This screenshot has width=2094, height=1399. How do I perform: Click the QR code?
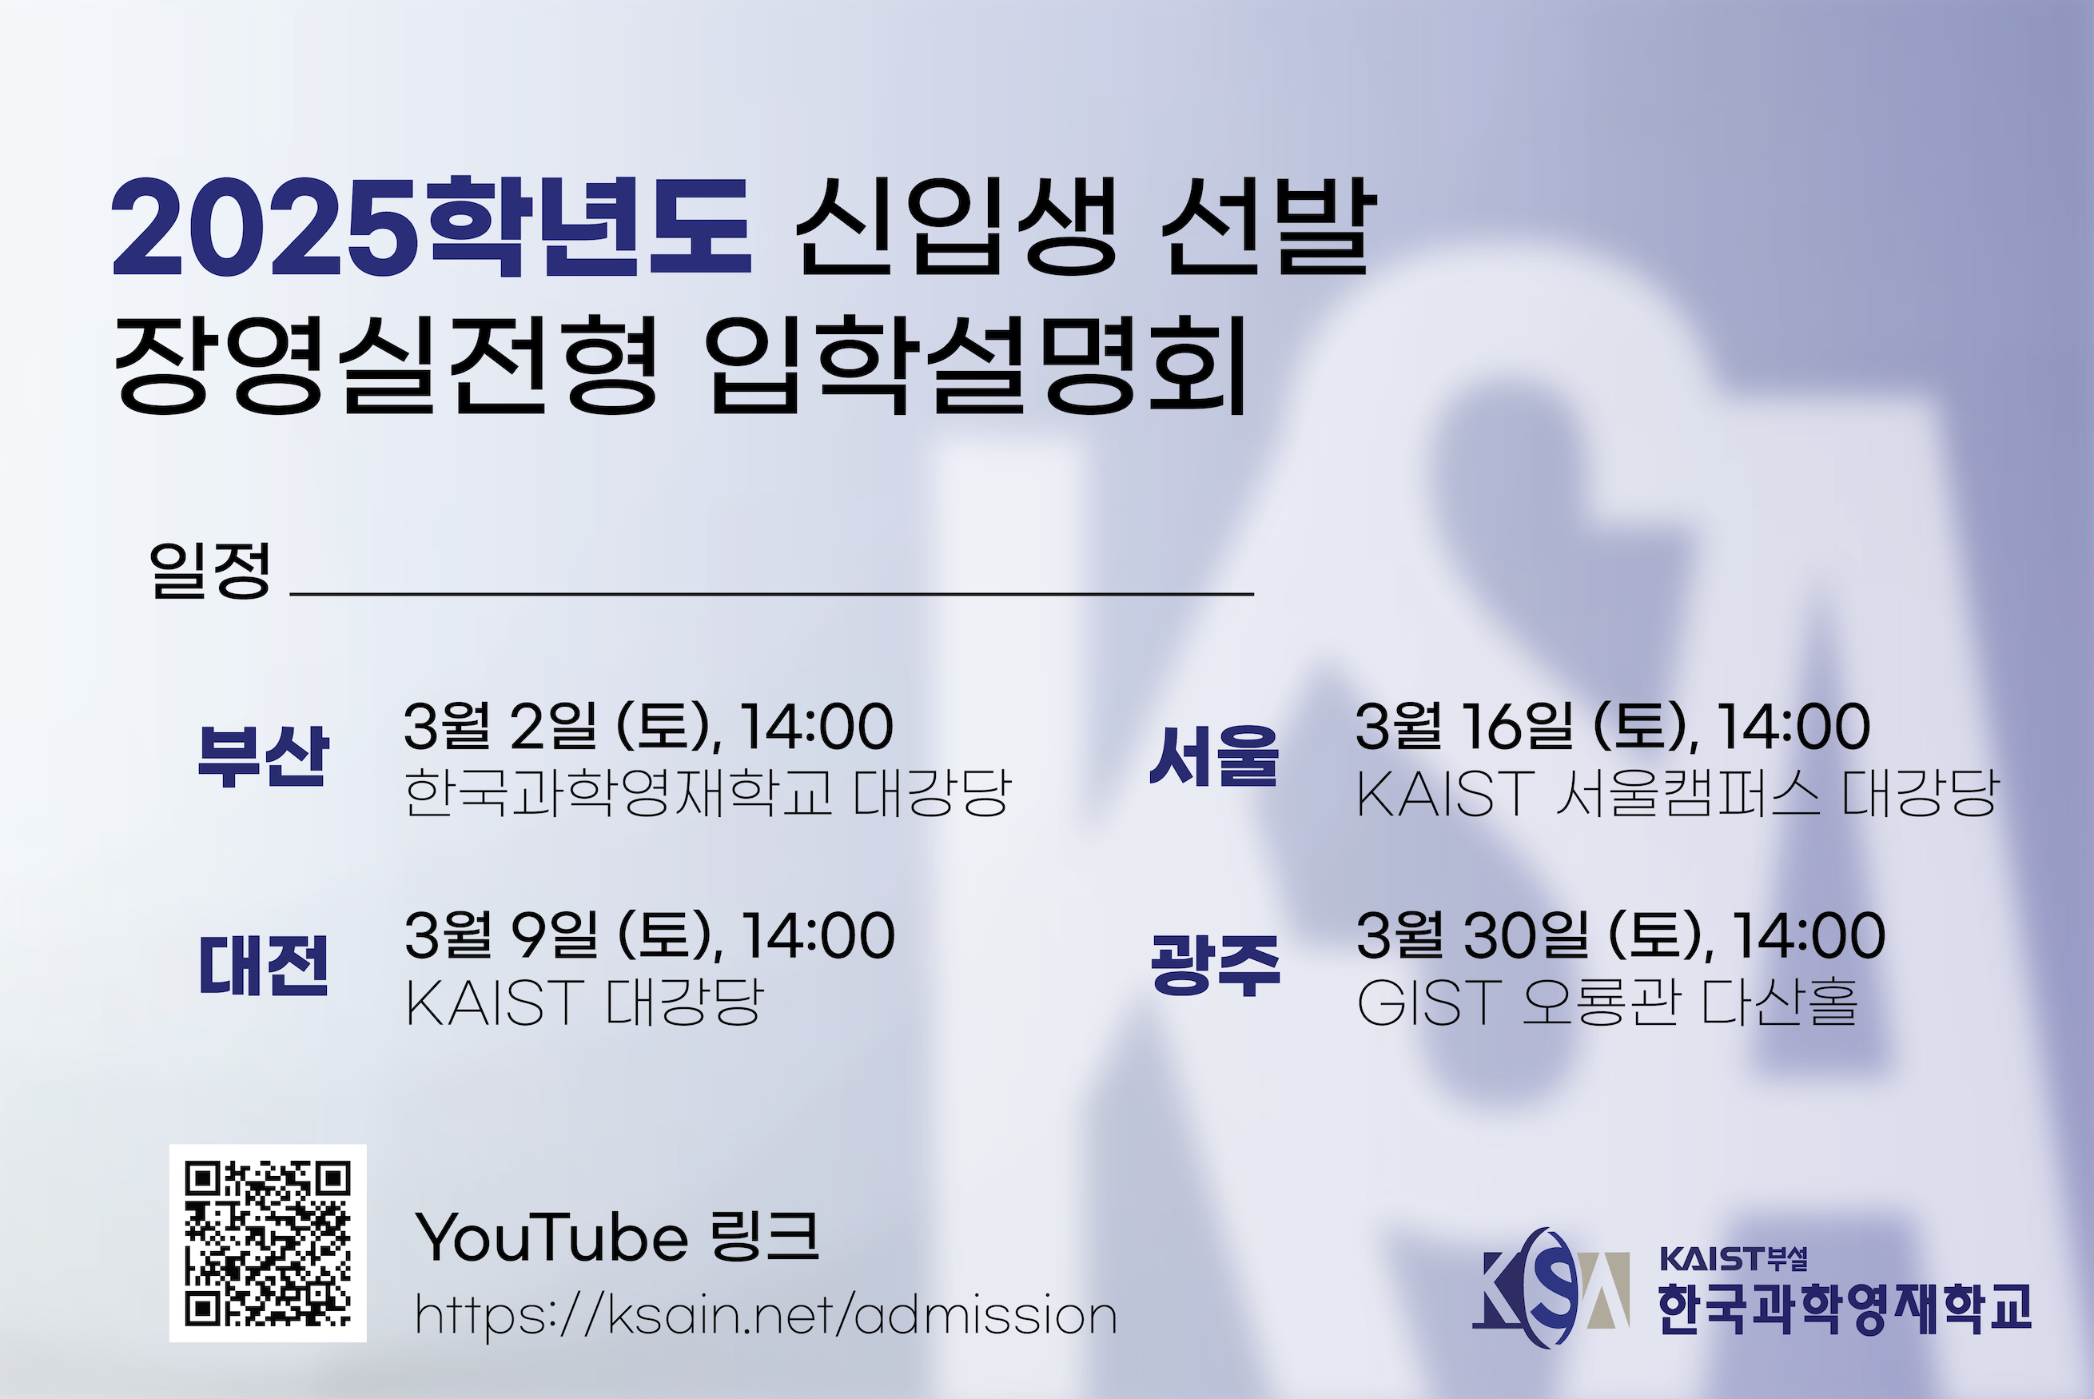pyautogui.click(x=268, y=1243)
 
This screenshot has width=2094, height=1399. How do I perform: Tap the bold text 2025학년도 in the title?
pyautogui.click(x=432, y=228)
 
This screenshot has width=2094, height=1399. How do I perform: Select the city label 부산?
pyautogui.click(x=263, y=755)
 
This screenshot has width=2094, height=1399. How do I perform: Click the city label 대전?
pyautogui.click(x=263, y=966)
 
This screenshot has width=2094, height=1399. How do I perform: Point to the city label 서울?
pyautogui.click(x=1215, y=755)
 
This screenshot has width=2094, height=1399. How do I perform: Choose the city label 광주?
pyautogui.click(x=1216, y=966)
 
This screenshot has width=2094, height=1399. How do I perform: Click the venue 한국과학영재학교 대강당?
pyautogui.click(x=708, y=792)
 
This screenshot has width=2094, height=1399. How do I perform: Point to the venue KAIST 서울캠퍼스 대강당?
pyautogui.click(x=1678, y=792)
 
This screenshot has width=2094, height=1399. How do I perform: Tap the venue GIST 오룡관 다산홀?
pyautogui.click(x=1607, y=1002)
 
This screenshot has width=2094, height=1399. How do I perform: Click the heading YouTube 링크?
pyautogui.click(x=617, y=1238)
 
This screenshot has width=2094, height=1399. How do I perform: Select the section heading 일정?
pyautogui.click(x=209, y=569)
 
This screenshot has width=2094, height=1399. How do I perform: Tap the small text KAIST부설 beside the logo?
pyautogui.click(x=1734, y=1259)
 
